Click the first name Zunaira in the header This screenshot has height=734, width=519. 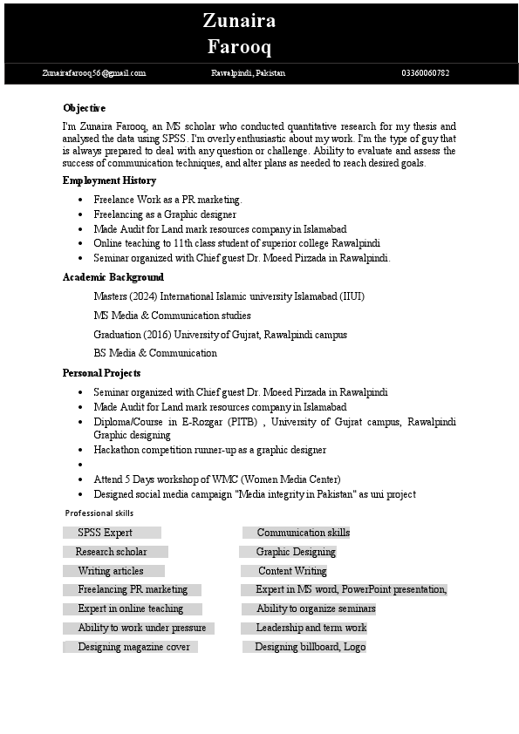coord(239,20)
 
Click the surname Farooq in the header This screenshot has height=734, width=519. coord(239,46)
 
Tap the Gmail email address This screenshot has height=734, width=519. coord(93,73)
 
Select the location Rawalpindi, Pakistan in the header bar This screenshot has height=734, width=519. coord(248,73)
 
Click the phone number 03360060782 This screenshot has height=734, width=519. coord(425,73)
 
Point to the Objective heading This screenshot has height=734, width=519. coord(84,108)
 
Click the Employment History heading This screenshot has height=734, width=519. coord(109,180)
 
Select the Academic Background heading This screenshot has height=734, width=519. coord(113,277)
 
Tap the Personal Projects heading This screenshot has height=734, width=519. coord(101,373)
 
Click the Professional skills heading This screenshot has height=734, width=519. coord(99,513)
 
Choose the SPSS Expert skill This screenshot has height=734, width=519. coord(105,533)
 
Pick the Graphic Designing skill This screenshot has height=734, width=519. coord(296,552)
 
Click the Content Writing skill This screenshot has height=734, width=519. coord(292,571)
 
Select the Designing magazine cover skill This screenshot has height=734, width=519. coord(133,647)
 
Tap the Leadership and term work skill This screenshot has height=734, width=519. coord(311,628)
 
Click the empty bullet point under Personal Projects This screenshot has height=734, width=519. coord(80,466)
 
